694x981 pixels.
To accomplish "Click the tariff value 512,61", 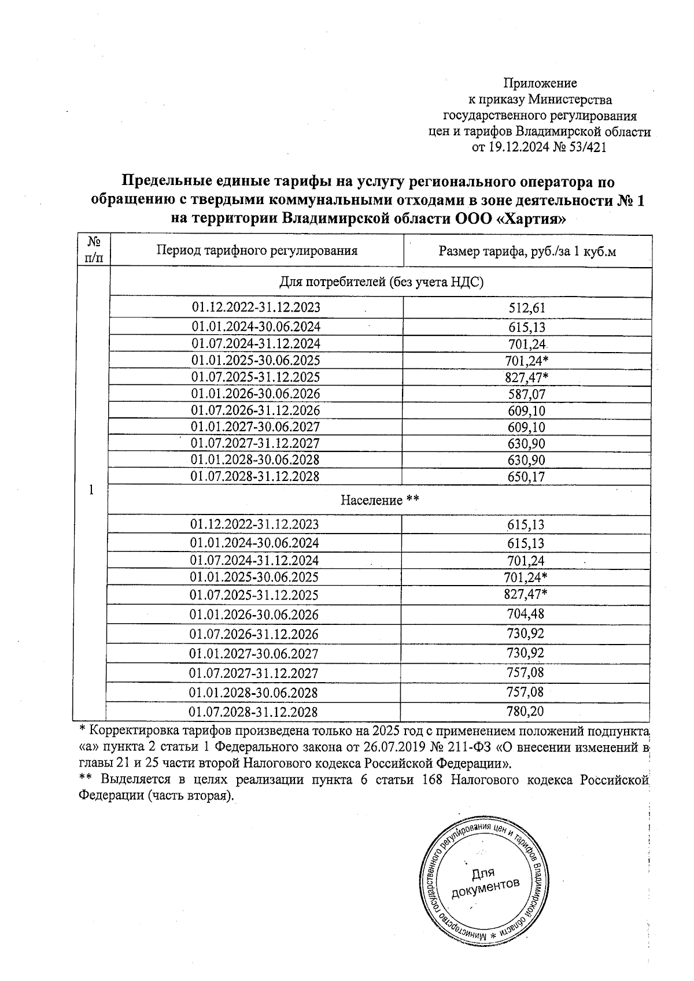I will [x=526, y=308].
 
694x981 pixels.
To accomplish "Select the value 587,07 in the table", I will [x=526, y=395].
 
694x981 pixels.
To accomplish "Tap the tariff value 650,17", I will [x=526, y=477].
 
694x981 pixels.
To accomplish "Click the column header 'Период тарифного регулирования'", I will [x=257, y=250].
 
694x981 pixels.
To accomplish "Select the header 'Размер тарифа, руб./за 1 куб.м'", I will [x=527, y=251].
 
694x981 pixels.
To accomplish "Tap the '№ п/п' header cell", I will [x=92, y=250].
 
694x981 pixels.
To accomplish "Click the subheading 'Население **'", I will [x=379, y=500].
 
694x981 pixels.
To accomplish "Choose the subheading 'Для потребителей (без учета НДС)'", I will [x=382, y=282].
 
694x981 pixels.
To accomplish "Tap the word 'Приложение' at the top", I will [x=540, y=83].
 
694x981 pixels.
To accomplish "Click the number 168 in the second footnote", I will [x=431, y=780].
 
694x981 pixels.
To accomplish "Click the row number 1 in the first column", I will [x=91, y=489].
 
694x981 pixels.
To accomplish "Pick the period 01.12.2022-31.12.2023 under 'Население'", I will [x=254, y=524].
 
